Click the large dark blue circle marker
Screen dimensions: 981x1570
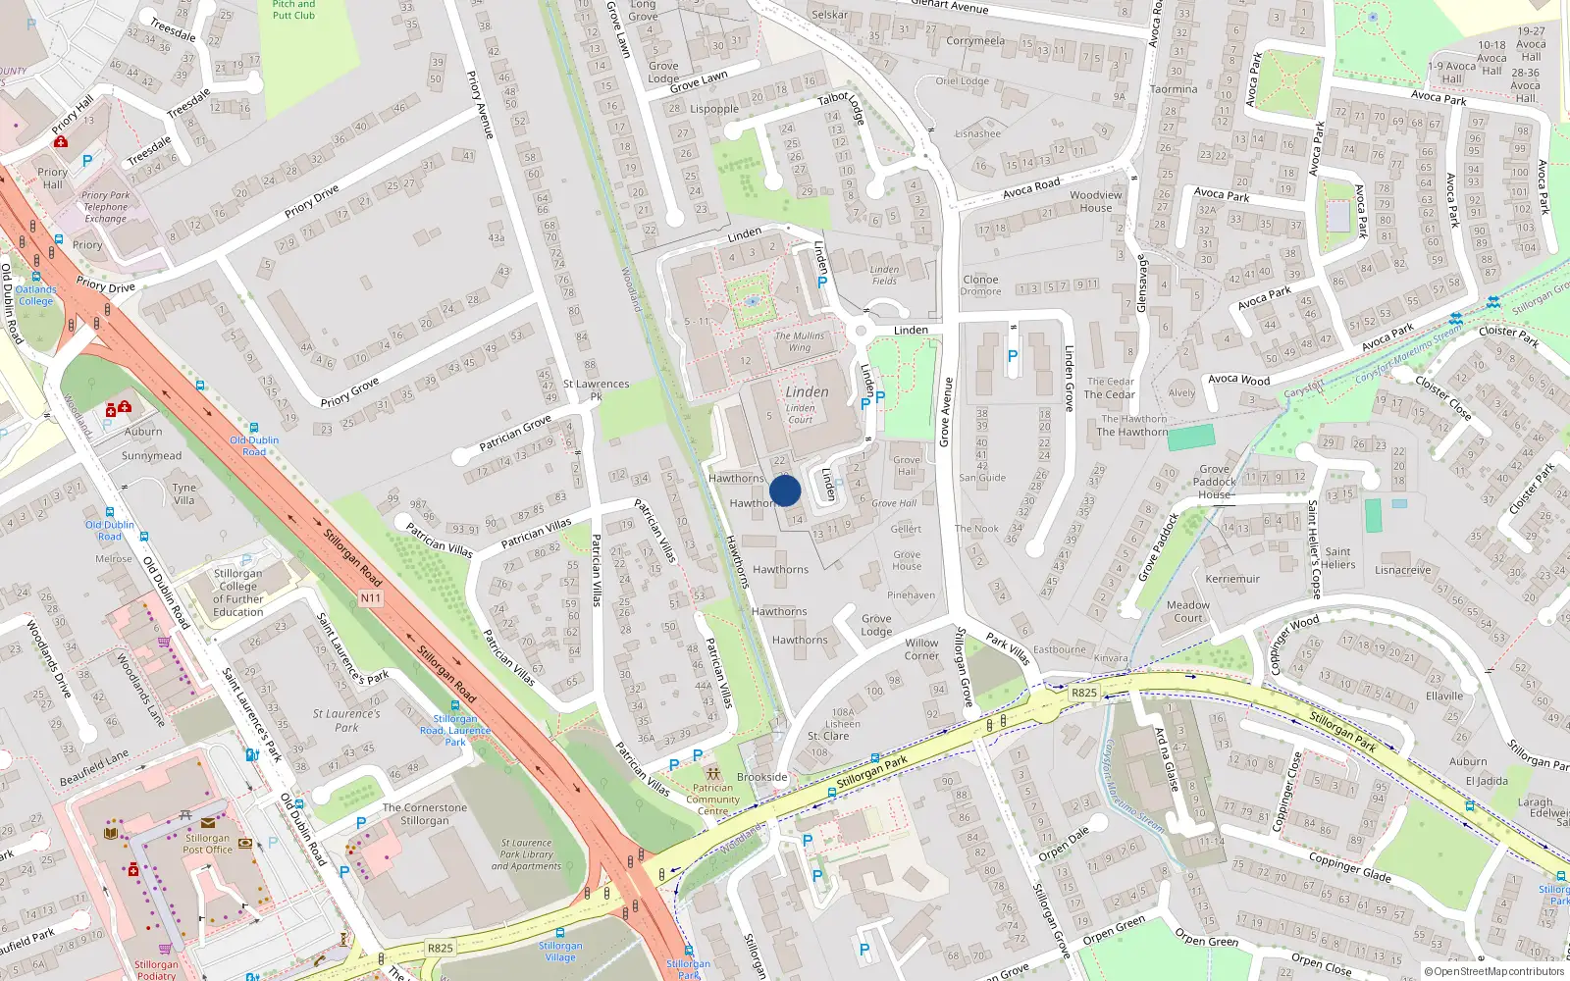tap(785, 490)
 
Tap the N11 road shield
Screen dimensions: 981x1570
tap(370, 598)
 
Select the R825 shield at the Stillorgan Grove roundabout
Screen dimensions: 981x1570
tap(1083, 693)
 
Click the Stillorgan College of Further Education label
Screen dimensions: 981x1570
tap(238, 593)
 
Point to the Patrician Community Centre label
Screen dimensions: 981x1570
tap(713, 800)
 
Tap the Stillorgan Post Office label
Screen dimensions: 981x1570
tap(207, 844)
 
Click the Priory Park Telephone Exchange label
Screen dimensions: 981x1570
tap(105, 207)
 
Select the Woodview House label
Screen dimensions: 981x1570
tap(1096, 201)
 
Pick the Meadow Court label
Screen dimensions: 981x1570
tap(1188, 611)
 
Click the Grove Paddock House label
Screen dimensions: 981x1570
tap(1215, 482)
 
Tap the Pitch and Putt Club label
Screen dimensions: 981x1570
tap(293, 10)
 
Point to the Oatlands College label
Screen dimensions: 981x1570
tap(35, 295)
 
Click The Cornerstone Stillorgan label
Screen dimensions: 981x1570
tap(425, 814)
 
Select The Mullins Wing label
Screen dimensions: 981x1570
tap(800, 341)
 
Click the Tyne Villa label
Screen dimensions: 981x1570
tap(184, 493)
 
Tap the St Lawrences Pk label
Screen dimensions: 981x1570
tap(596, 390)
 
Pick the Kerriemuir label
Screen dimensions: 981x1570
tap(1232, 579)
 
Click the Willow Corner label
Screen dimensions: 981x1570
tap(921, 649)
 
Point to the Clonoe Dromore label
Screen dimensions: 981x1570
tap(980, 285)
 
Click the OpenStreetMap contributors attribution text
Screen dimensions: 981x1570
tap(1493, 971)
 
